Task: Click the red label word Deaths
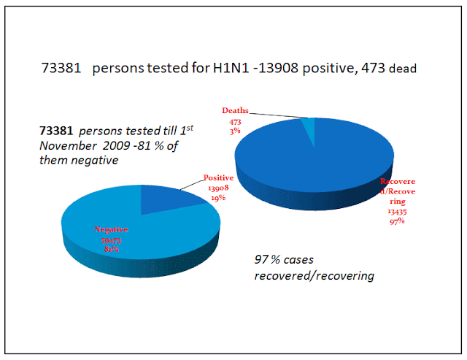[235, 111]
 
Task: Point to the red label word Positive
[217, 177]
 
